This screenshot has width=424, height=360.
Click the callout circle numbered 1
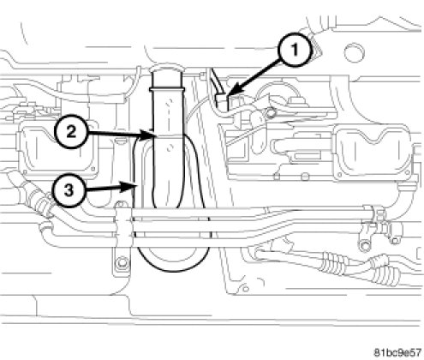point(295,51)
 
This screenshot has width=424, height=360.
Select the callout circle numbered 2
point(71,132)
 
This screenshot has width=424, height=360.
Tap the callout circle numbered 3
point(69,190)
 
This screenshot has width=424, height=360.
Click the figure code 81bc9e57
point(397,351)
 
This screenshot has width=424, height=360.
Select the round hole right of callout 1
point(355,52)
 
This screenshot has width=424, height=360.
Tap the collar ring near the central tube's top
point(166,89)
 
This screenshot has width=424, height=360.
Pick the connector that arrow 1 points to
point(224,102)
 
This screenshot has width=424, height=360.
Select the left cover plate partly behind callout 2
point(58,148)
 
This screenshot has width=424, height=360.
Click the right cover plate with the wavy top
point(373,152)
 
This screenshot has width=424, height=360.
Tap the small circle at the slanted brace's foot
point(245,289)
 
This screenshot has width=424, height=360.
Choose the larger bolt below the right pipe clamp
point(363,245)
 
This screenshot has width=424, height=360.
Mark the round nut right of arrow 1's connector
point(270,113)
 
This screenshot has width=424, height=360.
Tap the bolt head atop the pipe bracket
point(121,204)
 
